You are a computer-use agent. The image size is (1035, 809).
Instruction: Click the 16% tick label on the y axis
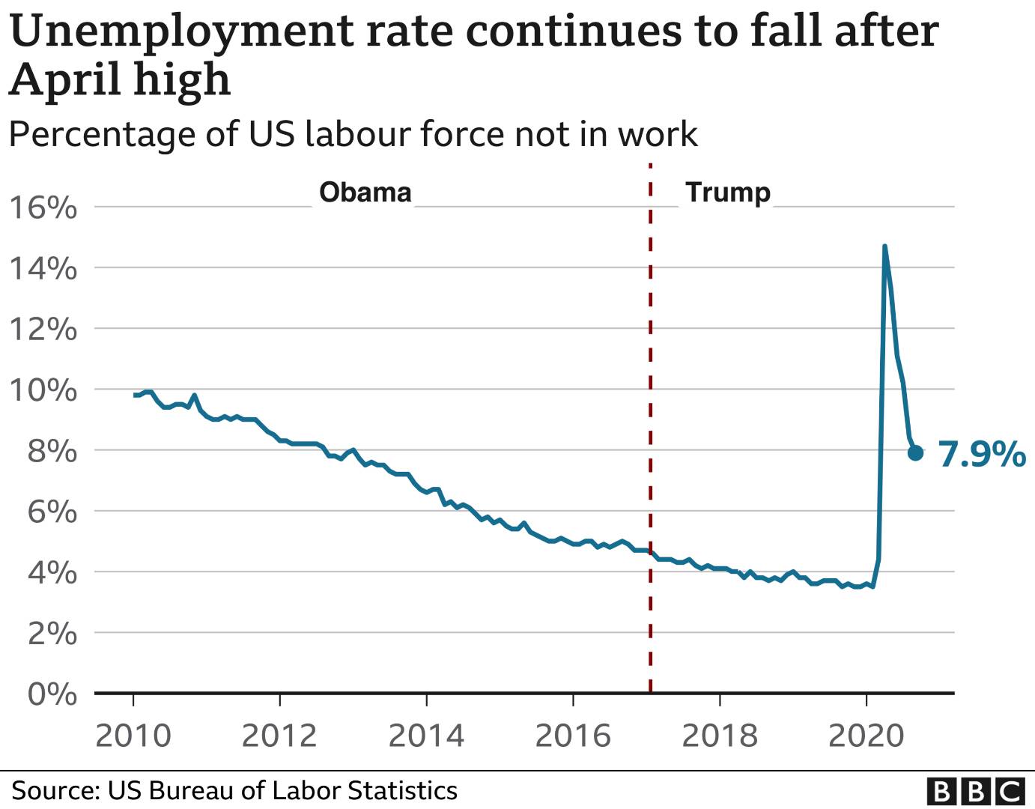point(43,207)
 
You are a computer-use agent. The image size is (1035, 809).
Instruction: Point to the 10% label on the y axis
point(43,390)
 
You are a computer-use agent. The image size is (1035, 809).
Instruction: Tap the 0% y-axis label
point(52,694)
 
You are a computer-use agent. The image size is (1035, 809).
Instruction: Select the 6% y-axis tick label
point(52,512)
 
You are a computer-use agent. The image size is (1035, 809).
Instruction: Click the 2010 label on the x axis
point(133,736)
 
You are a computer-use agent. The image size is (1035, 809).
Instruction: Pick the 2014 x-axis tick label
point(426,736)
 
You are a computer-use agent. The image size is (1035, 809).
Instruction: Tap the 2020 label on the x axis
point(866,736)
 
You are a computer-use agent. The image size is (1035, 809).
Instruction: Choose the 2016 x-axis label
point(573,736)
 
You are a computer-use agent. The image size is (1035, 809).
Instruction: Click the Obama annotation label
point(365,193)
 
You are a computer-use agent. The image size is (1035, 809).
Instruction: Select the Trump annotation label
point(728,193)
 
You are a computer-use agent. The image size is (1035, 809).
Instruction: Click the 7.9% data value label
point(982,454)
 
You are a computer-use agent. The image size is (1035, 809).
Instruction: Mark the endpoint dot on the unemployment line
point(915,452)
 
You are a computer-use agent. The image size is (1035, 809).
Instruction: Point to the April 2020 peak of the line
point(884,246)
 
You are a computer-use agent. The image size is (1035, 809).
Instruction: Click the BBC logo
point(975,791)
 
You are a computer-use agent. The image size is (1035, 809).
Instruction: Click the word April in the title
point(65,80)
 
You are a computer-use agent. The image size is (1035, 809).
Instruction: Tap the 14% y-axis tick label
point(43,268)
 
